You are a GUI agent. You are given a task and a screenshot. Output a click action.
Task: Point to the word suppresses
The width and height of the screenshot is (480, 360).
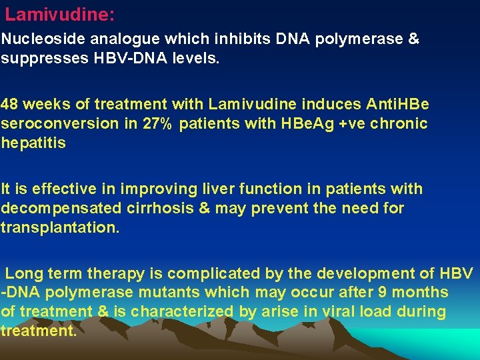pos(37,58)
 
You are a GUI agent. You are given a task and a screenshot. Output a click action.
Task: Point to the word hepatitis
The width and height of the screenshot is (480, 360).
pos(33,143)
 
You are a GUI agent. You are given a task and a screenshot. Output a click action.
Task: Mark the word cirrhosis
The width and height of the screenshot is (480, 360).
pos(167,209)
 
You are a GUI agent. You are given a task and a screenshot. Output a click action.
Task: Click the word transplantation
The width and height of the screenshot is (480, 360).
pos(60,227)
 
